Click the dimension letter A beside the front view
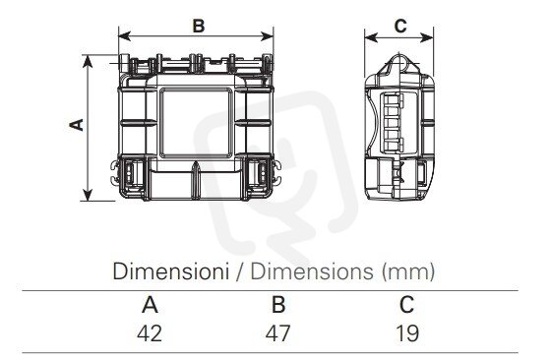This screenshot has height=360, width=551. click(x=77, y=125)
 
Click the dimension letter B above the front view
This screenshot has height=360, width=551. click(x=199, y=26)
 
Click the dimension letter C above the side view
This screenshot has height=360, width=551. click(x=400, y=26)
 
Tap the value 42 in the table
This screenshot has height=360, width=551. click(x=150, y=333)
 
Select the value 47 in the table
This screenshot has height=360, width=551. click(x=277, y=333)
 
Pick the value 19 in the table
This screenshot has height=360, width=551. click(x=407, y=333)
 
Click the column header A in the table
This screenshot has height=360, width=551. click(x=150, y=305)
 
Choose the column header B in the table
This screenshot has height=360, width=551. click(x=278, y=305)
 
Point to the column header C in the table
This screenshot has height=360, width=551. click(x=406, y=305)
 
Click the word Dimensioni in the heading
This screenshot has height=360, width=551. click(x=171, y=271)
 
